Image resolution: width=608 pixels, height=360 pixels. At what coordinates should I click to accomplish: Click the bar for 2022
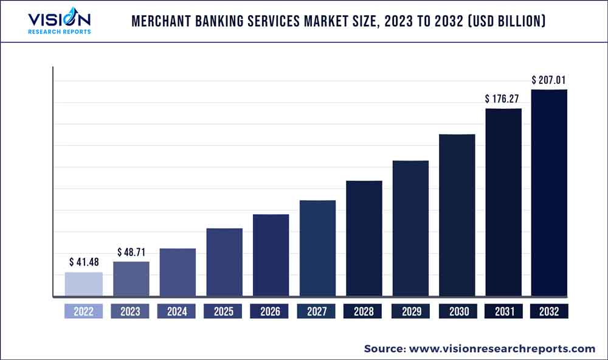84,285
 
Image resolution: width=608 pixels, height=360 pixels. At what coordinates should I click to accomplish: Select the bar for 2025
224,263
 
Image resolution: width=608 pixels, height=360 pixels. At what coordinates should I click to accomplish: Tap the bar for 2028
364,239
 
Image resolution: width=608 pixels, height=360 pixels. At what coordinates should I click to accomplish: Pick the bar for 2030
457,215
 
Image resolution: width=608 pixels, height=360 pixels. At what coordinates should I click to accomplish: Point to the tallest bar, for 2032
550,193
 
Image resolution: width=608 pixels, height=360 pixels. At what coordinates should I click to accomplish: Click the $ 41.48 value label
84,262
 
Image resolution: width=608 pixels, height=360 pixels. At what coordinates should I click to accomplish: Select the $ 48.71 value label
131,251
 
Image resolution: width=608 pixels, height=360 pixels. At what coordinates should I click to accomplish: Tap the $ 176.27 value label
503,98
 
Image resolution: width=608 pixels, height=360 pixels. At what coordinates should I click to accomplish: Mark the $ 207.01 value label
550,80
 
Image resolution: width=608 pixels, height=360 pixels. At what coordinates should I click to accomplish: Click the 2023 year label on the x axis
131,311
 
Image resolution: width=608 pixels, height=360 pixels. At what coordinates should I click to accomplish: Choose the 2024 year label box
178,311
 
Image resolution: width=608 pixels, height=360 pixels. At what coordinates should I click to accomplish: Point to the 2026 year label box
271,311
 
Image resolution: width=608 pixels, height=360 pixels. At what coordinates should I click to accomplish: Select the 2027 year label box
317,311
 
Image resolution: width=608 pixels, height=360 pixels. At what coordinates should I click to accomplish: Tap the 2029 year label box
410,311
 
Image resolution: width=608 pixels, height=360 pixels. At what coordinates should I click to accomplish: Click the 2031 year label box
503,311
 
